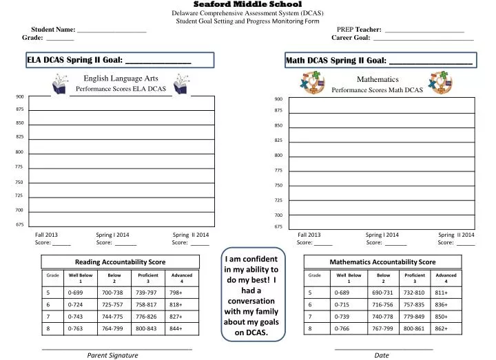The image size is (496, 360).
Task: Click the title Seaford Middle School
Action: click(247, 4)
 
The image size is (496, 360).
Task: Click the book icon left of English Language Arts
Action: click(59, 85)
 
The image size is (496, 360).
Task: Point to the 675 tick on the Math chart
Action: click(278, 226)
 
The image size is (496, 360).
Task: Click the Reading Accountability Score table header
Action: click(121, 262)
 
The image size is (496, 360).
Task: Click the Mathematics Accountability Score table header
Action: click(382, 262)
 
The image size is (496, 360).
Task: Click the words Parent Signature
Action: click(112, 354)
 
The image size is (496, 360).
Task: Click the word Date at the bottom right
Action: click(382, 354)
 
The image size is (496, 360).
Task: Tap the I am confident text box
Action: click(251, 296)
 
